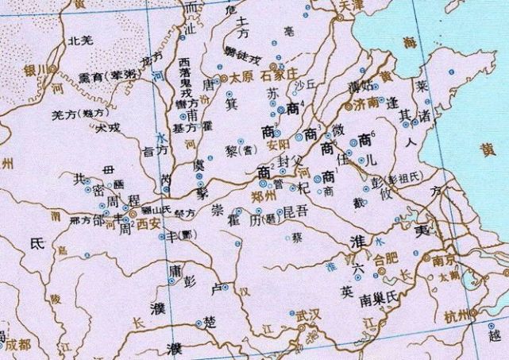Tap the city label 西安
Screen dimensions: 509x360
tap(148, 226)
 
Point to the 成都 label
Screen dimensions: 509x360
tap(15, 344)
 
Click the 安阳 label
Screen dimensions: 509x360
tap(277, 145)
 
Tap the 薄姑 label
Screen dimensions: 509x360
tap(360, 87)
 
